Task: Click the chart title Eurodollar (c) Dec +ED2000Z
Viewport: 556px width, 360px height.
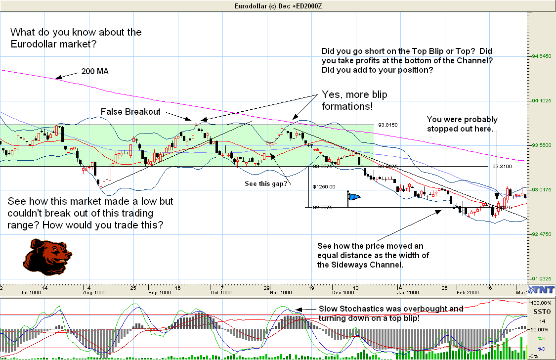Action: click(x=277, y=5)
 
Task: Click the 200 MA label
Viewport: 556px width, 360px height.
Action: click(x=95, y=72)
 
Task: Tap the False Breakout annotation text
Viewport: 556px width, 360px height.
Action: click(x=130, y=112)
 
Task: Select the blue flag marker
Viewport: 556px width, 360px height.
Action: click(x=353, y=197)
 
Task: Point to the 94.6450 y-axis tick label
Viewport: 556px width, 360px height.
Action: click(x=541, y=56)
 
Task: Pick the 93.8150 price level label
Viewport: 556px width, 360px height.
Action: click(x=387, y=125)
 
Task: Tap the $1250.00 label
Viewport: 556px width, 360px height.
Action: click(x=324, y=187)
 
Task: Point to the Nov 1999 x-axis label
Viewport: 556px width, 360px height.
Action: click(x=281, y=293)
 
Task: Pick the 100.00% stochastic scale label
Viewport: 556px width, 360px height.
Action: click(x=540, y=302)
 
